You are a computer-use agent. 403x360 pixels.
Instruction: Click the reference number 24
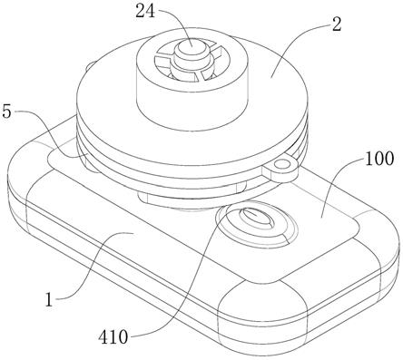(x=145, y=12)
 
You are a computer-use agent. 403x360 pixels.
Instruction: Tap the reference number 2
(x=337, y=24)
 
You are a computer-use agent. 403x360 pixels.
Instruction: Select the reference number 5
(x=6, y=112)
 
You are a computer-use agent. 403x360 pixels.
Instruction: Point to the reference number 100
(x=379, y=159)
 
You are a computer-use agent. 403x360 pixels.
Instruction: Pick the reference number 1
(x=49, y=300)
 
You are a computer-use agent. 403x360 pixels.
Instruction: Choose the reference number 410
(x=113, y=337)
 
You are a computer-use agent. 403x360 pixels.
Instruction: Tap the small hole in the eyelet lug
(x=282, y=165)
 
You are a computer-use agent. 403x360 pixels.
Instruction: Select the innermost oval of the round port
(x=257, y=218)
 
